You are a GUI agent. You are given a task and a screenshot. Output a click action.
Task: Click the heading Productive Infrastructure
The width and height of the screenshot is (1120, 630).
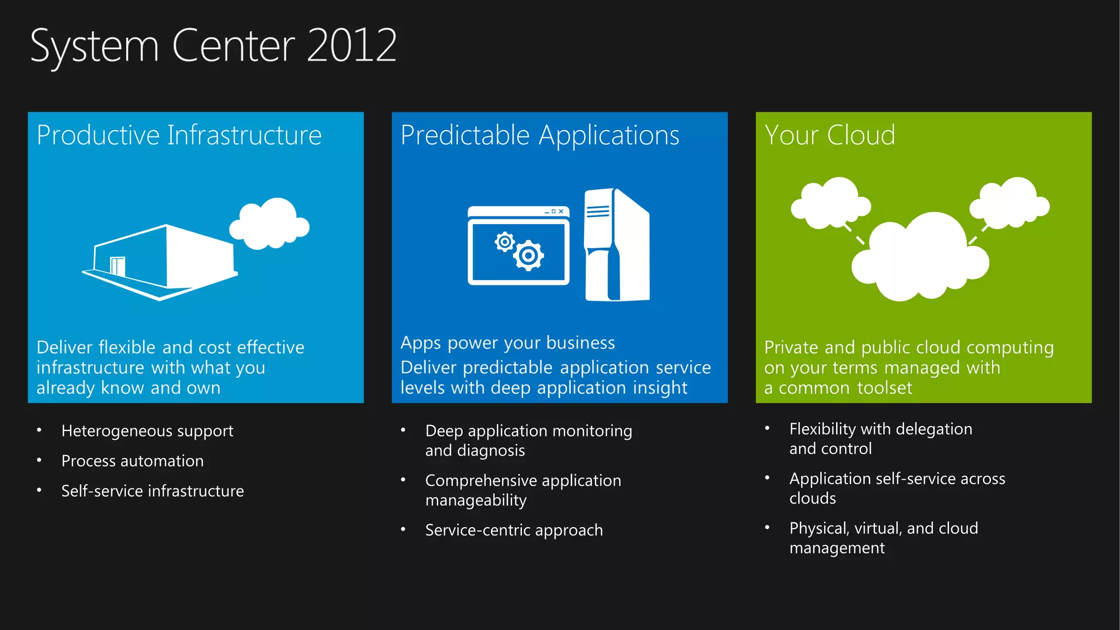coord(179,135)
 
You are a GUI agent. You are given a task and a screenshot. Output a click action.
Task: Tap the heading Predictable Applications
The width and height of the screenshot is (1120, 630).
coord(539,135)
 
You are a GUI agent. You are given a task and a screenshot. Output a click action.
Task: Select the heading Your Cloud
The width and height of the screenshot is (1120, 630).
coord(829,135)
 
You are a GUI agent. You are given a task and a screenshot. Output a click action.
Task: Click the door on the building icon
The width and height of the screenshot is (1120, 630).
coord(118,266)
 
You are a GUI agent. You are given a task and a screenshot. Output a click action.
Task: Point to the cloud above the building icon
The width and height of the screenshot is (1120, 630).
coord(270,223)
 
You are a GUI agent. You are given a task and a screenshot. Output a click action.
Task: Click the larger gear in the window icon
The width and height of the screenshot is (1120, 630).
coord(528,255)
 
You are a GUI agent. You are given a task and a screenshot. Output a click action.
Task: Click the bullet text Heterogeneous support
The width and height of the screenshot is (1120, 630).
coord(147,431)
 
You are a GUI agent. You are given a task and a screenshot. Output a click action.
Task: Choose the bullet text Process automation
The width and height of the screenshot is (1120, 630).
coord(132,461)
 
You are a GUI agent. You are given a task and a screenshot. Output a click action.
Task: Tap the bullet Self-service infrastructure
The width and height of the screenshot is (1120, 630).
coord(152,491)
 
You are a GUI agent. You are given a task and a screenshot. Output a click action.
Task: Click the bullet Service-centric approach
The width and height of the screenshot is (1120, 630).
coord(514,530)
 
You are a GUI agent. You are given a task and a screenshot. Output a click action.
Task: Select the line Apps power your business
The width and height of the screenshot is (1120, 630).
coord(507,343)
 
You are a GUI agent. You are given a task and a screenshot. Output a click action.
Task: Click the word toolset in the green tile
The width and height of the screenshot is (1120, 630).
coord(884,388)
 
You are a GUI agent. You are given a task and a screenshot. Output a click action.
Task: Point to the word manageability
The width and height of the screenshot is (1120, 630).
coord(476,500)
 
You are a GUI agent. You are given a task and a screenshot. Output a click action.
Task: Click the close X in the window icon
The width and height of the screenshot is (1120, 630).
coord(561,211)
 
